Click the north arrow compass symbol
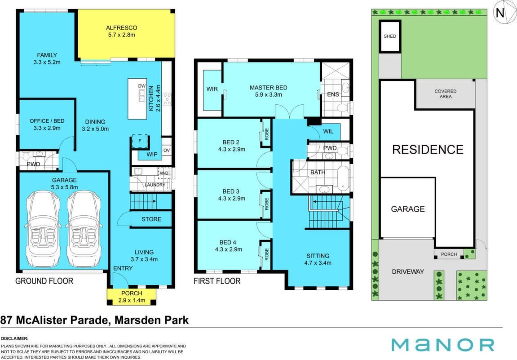point(500,13)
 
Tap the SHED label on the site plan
point(390,36)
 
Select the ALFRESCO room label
point(121,28)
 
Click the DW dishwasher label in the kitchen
point(142,86)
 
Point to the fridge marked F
point(140,141)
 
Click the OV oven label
point(167,151)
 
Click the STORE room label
point(151,219)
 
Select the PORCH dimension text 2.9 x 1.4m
point(132,300)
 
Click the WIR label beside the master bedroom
point(212,89)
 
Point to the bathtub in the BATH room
point(343,178)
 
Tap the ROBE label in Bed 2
point(267,134)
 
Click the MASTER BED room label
point(269,88)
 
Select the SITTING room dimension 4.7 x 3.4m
point(318,263)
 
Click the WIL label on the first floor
point(328,131)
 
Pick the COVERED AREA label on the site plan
point(446,94)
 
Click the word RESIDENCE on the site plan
point(428,150)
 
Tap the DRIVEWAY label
point(408,271)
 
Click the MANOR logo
point(443,345)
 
